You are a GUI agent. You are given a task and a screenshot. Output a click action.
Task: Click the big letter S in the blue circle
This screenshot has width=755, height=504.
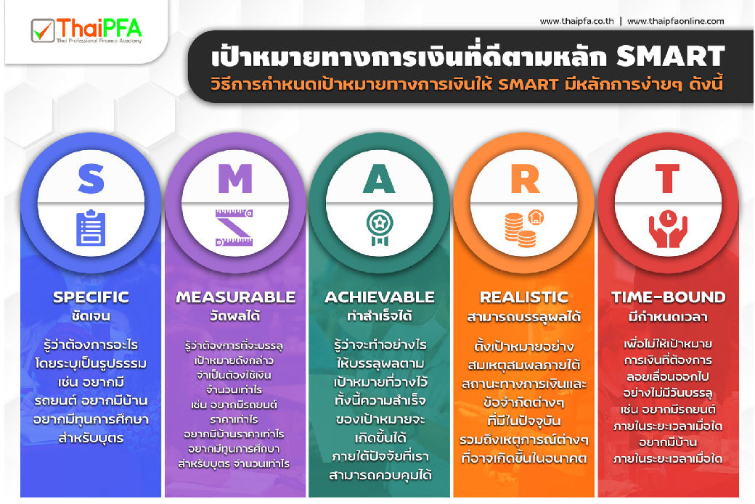91,179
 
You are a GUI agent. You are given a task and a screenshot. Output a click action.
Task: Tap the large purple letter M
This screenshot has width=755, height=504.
235,178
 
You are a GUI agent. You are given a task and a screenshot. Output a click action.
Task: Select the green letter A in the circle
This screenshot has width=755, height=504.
379,178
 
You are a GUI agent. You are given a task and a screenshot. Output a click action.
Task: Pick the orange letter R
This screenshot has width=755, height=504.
524,179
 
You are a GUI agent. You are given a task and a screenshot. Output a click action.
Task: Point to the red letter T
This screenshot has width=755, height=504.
667,178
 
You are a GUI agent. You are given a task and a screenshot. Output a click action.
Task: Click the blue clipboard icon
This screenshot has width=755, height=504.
91,228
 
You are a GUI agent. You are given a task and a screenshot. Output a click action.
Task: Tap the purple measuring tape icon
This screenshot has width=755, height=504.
234,228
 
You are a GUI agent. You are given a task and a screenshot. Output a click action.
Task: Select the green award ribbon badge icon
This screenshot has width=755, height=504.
380,227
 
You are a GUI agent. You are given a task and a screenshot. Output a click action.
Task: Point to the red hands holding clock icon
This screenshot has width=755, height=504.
668,228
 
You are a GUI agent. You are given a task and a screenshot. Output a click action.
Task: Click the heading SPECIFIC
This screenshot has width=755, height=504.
91,297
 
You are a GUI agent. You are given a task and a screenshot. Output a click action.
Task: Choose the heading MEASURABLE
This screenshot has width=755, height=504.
235,297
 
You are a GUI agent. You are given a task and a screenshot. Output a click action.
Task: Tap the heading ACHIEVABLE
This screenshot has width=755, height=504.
380,297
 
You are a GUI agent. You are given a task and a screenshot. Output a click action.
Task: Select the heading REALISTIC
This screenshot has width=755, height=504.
524,297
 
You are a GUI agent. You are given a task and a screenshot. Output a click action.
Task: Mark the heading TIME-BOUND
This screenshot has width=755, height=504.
669,297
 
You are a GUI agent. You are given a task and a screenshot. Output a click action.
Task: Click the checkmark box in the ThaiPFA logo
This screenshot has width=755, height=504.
43,30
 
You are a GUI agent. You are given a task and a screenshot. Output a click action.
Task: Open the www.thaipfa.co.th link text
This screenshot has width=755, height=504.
577,21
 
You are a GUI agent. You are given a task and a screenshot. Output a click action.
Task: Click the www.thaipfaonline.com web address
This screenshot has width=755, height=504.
676,21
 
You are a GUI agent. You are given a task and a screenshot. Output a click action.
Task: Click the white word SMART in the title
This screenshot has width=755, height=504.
671,57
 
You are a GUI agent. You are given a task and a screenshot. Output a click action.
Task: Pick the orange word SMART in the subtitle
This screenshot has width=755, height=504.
528,85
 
